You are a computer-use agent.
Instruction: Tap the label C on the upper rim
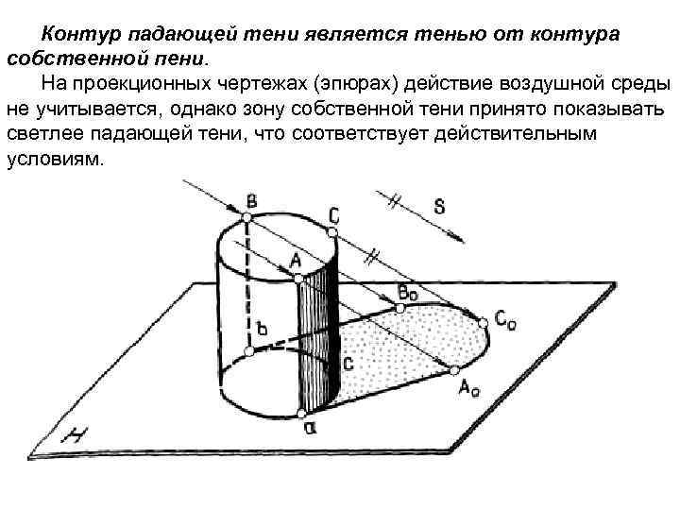(x=334, y=215)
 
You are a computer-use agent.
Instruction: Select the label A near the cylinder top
(x=295, y=259)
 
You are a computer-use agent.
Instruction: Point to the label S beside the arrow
(x=440, y=206)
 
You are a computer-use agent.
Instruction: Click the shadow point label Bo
(x=409, y=293)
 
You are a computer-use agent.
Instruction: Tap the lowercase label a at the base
(x=308, y=428)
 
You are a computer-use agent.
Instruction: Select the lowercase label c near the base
(x=348, y=362)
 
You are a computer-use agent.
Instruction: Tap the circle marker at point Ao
(x=454, y=367)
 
